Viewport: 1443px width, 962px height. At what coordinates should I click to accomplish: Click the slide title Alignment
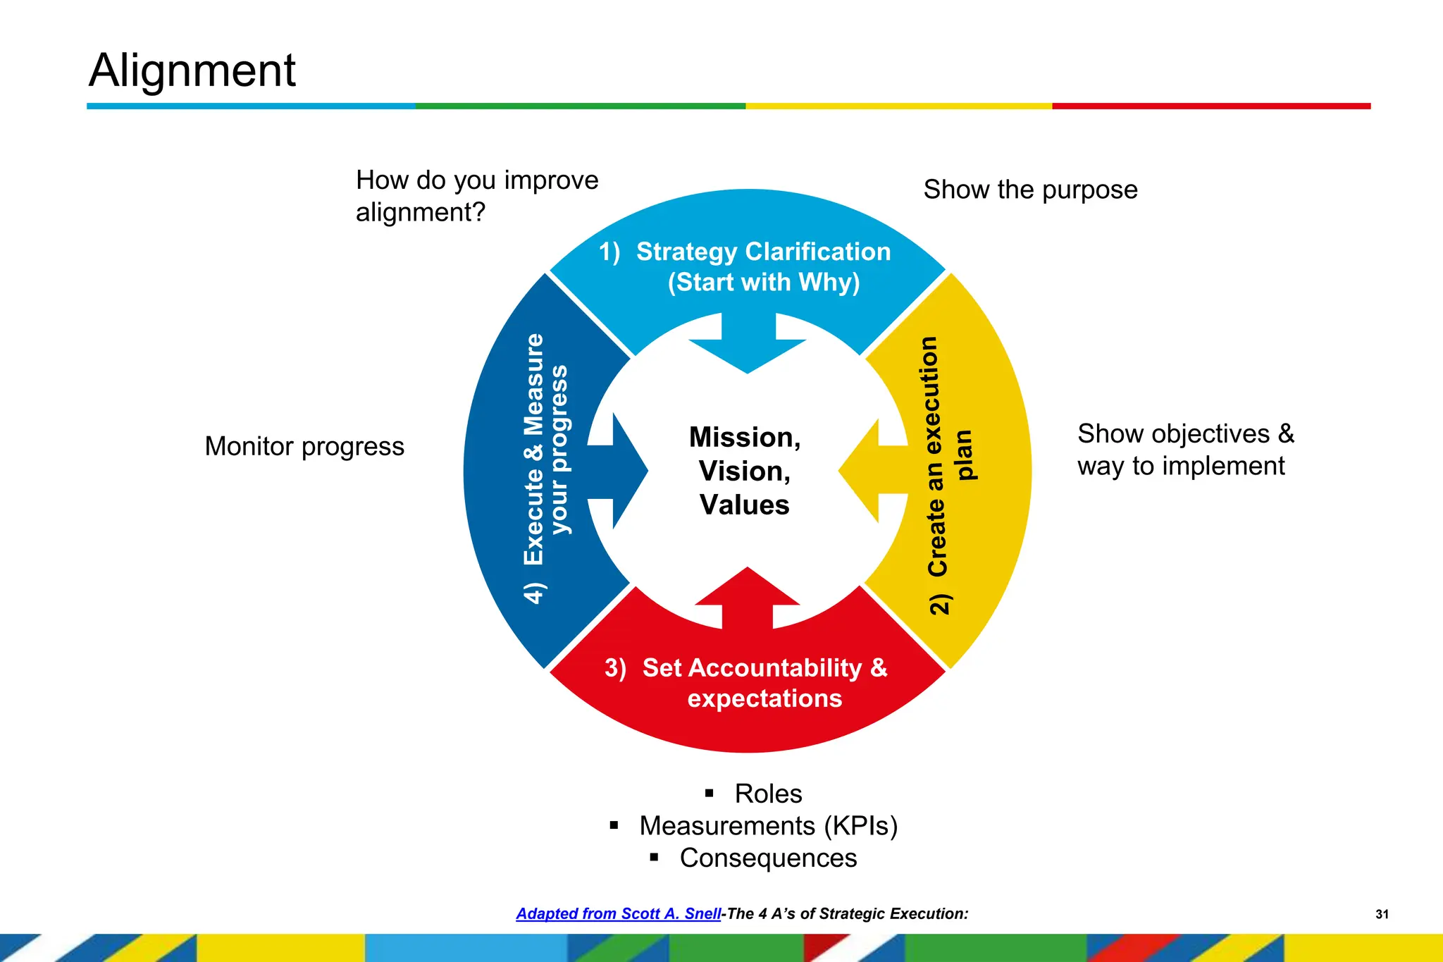tap(192, 70)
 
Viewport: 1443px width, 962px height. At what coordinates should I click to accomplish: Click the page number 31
tap(1382, 914)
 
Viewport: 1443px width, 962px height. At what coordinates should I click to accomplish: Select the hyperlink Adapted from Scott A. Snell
tap(619, 914)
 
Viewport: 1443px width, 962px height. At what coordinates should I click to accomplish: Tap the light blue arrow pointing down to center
tap(748, 345)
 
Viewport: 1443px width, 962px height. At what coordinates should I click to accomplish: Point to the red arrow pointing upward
tap(748, 596)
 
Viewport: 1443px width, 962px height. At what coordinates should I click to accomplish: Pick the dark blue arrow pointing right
tap(624, 470)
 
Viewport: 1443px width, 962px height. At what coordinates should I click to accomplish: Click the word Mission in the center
tap(744, 438)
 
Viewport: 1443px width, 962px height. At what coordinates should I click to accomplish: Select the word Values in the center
tap(744, 505)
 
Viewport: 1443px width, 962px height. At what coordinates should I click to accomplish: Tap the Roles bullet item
tap(768, 794)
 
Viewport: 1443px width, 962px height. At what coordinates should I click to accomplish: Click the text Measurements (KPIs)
tap(768, 826)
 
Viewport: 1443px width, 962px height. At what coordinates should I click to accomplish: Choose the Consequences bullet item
tap(768, 858)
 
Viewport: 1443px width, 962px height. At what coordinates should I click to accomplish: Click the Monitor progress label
tap(304, 447)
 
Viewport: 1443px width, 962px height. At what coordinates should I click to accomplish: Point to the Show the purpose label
tap(1030, 190)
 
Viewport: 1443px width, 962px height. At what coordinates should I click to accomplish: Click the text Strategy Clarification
tap(763, 252)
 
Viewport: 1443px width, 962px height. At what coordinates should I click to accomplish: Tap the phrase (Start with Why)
tap(764, 283)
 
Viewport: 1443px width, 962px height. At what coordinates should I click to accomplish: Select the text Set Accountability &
tap(764, 668)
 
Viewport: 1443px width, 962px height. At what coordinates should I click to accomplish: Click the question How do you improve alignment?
tap(476, 196)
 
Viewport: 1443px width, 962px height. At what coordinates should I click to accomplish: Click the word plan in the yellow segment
tap(964, 455)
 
